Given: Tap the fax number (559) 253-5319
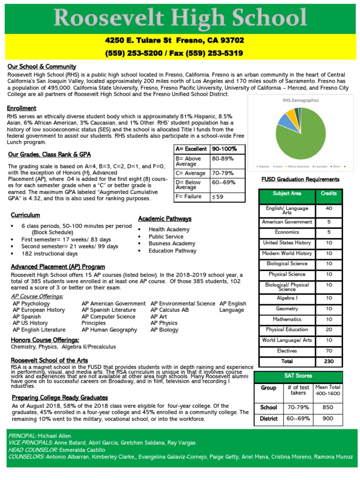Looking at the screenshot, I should tap(215, 53).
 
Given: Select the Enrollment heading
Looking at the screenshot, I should tap(22, 108).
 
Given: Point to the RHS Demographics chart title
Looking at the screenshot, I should tap(300, 100).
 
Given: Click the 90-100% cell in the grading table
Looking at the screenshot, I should tap(225, 149).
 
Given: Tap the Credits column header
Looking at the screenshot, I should tap(329, 194).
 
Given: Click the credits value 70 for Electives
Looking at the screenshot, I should tap(329, 351).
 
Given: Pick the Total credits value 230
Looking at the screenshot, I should tap(329, 361).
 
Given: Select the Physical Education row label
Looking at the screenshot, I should tap(287, 330).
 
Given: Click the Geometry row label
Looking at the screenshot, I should tap(287, 309).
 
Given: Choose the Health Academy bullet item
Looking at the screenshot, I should tap(169, 229).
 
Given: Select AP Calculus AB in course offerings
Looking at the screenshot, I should tap(169, 310).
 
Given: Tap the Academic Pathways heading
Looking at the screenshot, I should tap(165, 219).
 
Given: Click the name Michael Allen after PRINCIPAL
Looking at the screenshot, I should tap(58, 435).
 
